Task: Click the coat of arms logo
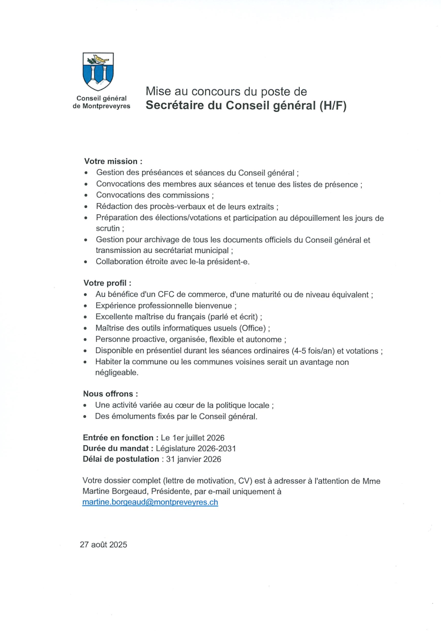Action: click(97, 71)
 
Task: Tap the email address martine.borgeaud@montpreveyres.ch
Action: click(150, 502)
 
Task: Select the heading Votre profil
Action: click(108, 282)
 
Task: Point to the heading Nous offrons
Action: click(110, 393)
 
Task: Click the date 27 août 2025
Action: click(103, 545)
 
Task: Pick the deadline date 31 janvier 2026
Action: click(194, 459)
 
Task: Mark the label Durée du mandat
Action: click(114, 448)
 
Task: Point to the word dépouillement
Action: click(309, 218)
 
